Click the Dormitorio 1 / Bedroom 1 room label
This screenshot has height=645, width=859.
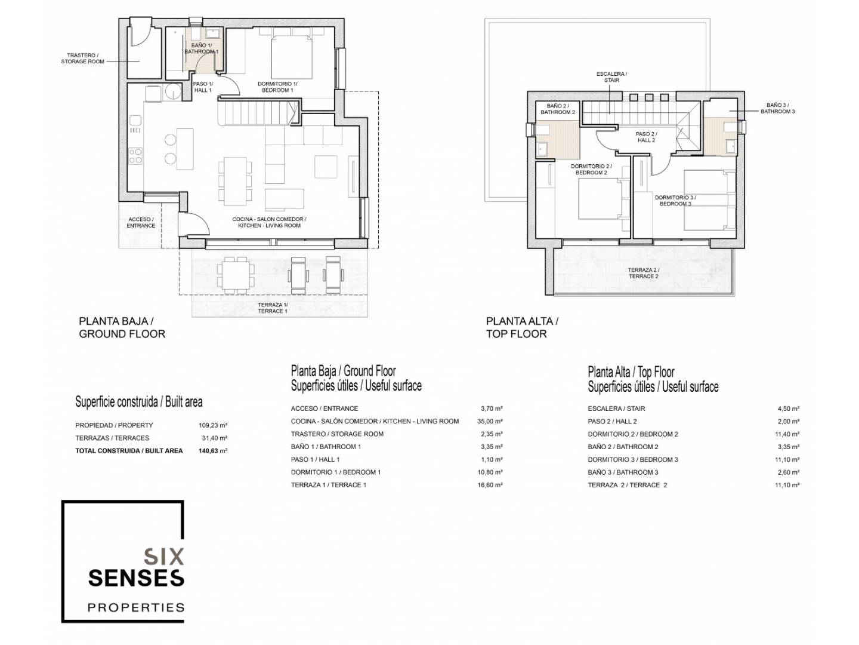click(277, 87)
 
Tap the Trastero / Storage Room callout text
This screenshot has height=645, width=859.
click(82, 59)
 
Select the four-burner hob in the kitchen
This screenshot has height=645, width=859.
click(135, 155)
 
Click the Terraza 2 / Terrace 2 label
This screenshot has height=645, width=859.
click(644, 273)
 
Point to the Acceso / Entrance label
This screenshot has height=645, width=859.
click(141, 222)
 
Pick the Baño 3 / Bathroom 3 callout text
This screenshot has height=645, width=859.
click(777, 108)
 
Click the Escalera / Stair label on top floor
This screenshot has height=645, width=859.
click(611, 77)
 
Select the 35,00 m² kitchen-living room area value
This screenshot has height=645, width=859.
click(491, 422)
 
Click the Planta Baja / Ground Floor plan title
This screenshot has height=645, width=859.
click(122, 327)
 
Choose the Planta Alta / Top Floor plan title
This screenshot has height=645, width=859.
click(522, 327)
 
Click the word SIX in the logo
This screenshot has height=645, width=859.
click(164, 557)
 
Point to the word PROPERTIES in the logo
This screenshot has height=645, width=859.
click(136, 607)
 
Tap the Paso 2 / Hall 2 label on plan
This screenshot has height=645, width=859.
click(646, 137)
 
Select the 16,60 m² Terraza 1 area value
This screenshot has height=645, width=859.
click(490, 485)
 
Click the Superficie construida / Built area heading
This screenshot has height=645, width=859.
click(139, 402)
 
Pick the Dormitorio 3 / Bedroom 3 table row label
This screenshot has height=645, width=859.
click(633, 460)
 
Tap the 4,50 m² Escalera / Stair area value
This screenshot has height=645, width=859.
click(788, 408)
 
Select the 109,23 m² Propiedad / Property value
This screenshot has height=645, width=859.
click(214, 425)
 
